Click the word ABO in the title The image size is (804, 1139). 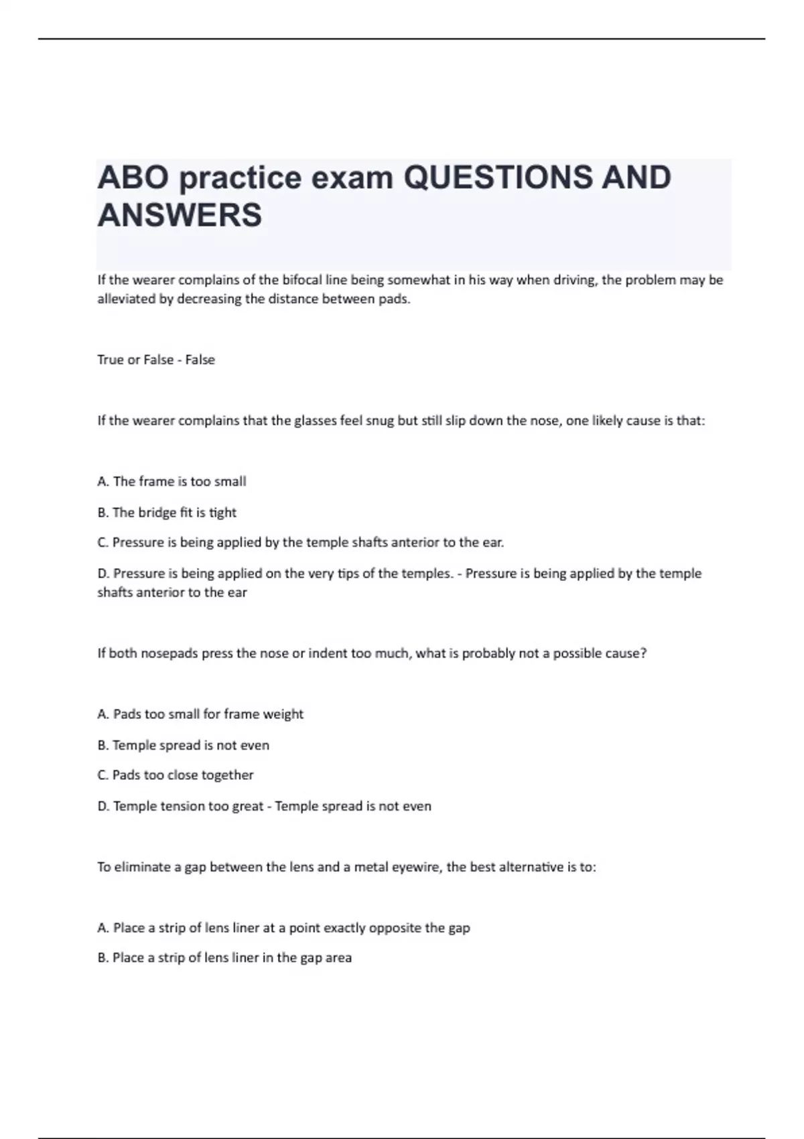133,178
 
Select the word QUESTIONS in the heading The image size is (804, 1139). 498,178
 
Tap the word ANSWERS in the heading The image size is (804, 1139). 180,216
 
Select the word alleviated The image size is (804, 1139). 126,299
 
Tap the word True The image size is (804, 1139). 111,360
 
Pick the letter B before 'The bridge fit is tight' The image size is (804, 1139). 103,513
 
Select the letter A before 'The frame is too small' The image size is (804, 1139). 103,482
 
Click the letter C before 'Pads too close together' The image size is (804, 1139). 103,775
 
